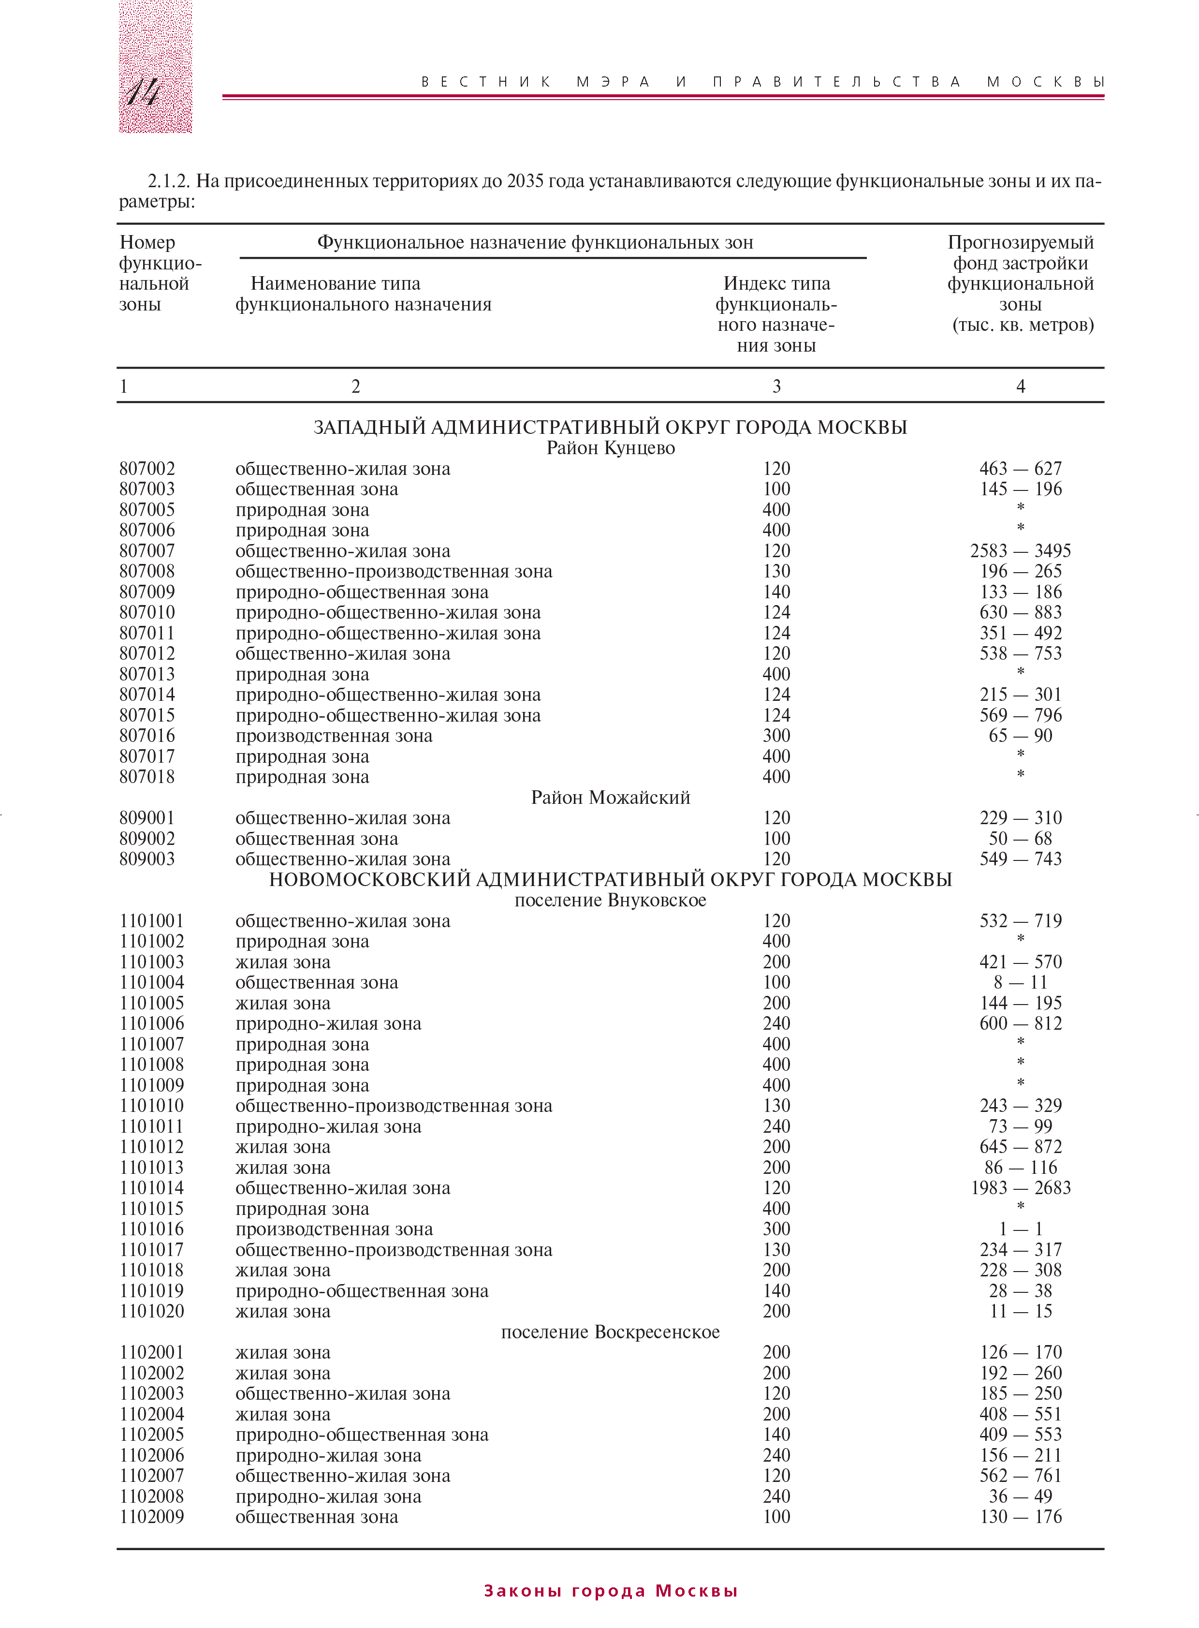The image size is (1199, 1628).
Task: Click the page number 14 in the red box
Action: [143, 92]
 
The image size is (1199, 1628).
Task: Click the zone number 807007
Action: [147, 551]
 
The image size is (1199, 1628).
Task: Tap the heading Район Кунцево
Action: [611, 448]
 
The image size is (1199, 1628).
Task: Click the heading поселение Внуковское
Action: [611, 901]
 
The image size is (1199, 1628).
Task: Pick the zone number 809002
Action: [147, 839]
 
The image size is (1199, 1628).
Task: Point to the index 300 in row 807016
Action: [776, 736]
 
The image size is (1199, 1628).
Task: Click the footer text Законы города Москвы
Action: [611, 1591]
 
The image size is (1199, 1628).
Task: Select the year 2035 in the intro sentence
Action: [525, 181]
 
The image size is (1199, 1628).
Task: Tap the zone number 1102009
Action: [152, 1517]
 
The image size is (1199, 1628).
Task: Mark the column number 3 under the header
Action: [776, 386]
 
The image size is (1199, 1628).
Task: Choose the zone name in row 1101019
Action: [362, 1291]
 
